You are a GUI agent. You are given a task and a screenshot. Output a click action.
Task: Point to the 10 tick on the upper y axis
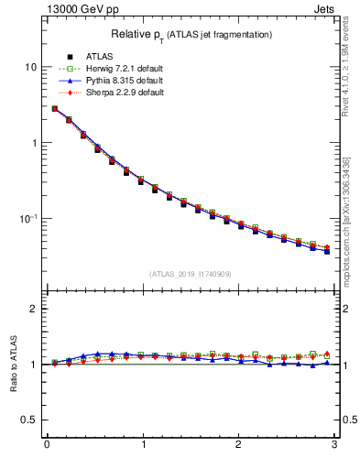point(31,68)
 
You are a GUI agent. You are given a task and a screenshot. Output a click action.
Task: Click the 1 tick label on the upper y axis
point(34,143)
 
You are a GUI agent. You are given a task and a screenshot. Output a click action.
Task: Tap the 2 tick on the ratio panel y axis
point(34,309)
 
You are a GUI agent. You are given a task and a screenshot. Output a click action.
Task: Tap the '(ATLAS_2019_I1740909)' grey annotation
point(189,273)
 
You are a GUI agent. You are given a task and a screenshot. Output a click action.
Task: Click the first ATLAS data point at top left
point(55,109)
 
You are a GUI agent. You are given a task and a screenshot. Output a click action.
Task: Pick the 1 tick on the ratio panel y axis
point(34,365)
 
